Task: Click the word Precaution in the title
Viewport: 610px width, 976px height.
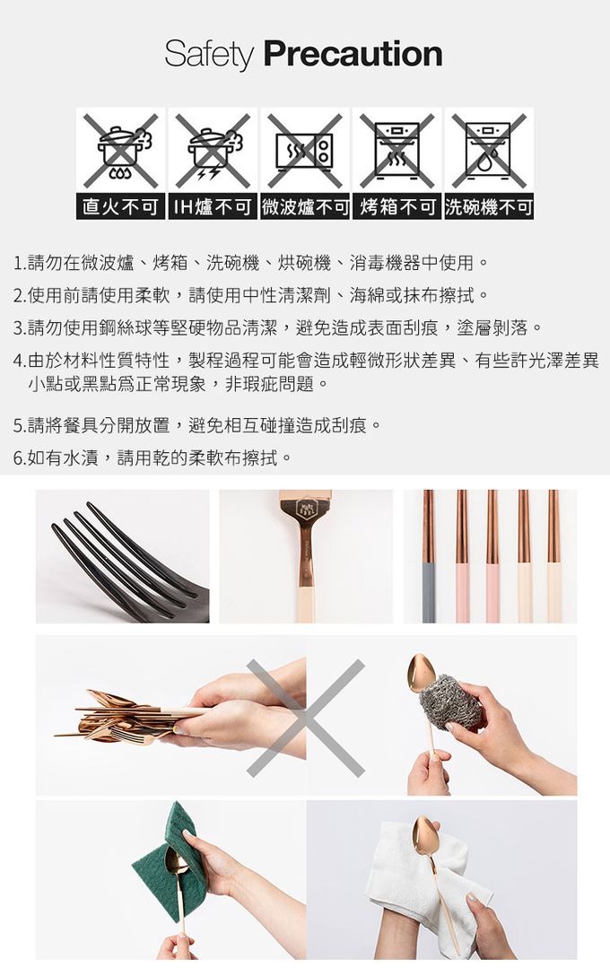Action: coord(353,55)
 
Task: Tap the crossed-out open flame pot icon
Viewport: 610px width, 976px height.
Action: coord(120,150)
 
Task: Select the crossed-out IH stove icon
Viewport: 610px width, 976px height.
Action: coord(213,150)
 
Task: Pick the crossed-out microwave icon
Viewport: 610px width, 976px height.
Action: coord(305,150)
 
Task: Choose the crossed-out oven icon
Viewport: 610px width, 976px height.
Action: coord(396,150)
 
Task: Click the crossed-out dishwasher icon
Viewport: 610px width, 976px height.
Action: coord(489,150)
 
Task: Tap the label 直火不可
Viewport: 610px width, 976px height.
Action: coord(120,207)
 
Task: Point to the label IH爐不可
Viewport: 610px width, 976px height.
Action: coord(213,207)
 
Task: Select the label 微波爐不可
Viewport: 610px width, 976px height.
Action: coord(305,207)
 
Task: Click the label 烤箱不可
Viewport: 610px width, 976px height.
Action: coord(396,207)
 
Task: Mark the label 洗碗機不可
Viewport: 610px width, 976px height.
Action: coord(489,207)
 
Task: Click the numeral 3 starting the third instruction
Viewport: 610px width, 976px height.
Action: coord(18,327)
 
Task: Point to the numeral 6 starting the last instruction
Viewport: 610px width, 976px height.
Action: coord(18,458)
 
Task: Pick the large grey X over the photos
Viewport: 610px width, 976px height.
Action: coord(305,718)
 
